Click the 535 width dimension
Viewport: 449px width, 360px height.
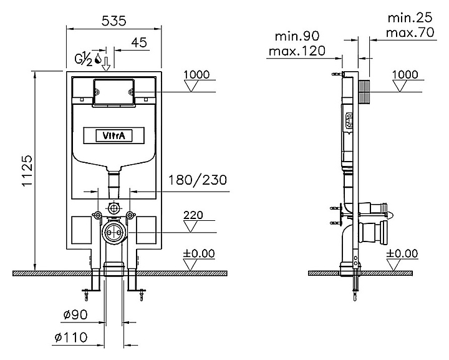tap(114, 21)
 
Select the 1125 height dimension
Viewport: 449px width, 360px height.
tap(28, 171)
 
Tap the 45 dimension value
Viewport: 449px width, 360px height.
tap(139, 42)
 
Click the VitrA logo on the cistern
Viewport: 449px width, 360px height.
tap(113, 135)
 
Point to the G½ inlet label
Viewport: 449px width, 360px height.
tap(84, 59)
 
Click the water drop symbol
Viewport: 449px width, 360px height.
tap(98, 58)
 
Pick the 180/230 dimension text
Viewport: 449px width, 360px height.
tap(198, 180)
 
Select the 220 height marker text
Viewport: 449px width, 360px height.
tap(193, 215)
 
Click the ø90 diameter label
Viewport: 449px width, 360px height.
tap(75, 314)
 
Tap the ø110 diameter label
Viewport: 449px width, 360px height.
tap(71, 338)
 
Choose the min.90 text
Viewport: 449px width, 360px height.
tap(297, 36)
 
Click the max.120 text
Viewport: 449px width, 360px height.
tap(297, 51)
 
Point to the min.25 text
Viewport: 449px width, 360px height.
tap(410, 17)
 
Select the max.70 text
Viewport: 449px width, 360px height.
tap(410, 32)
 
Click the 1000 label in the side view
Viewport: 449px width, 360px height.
tap(405, 74)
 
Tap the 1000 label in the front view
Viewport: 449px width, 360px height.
tap(196, 74)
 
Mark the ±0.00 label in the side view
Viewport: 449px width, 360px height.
tap(402, 253)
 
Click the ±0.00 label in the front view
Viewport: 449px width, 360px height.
tap(199, 253)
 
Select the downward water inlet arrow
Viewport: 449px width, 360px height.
tap(106, 64)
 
